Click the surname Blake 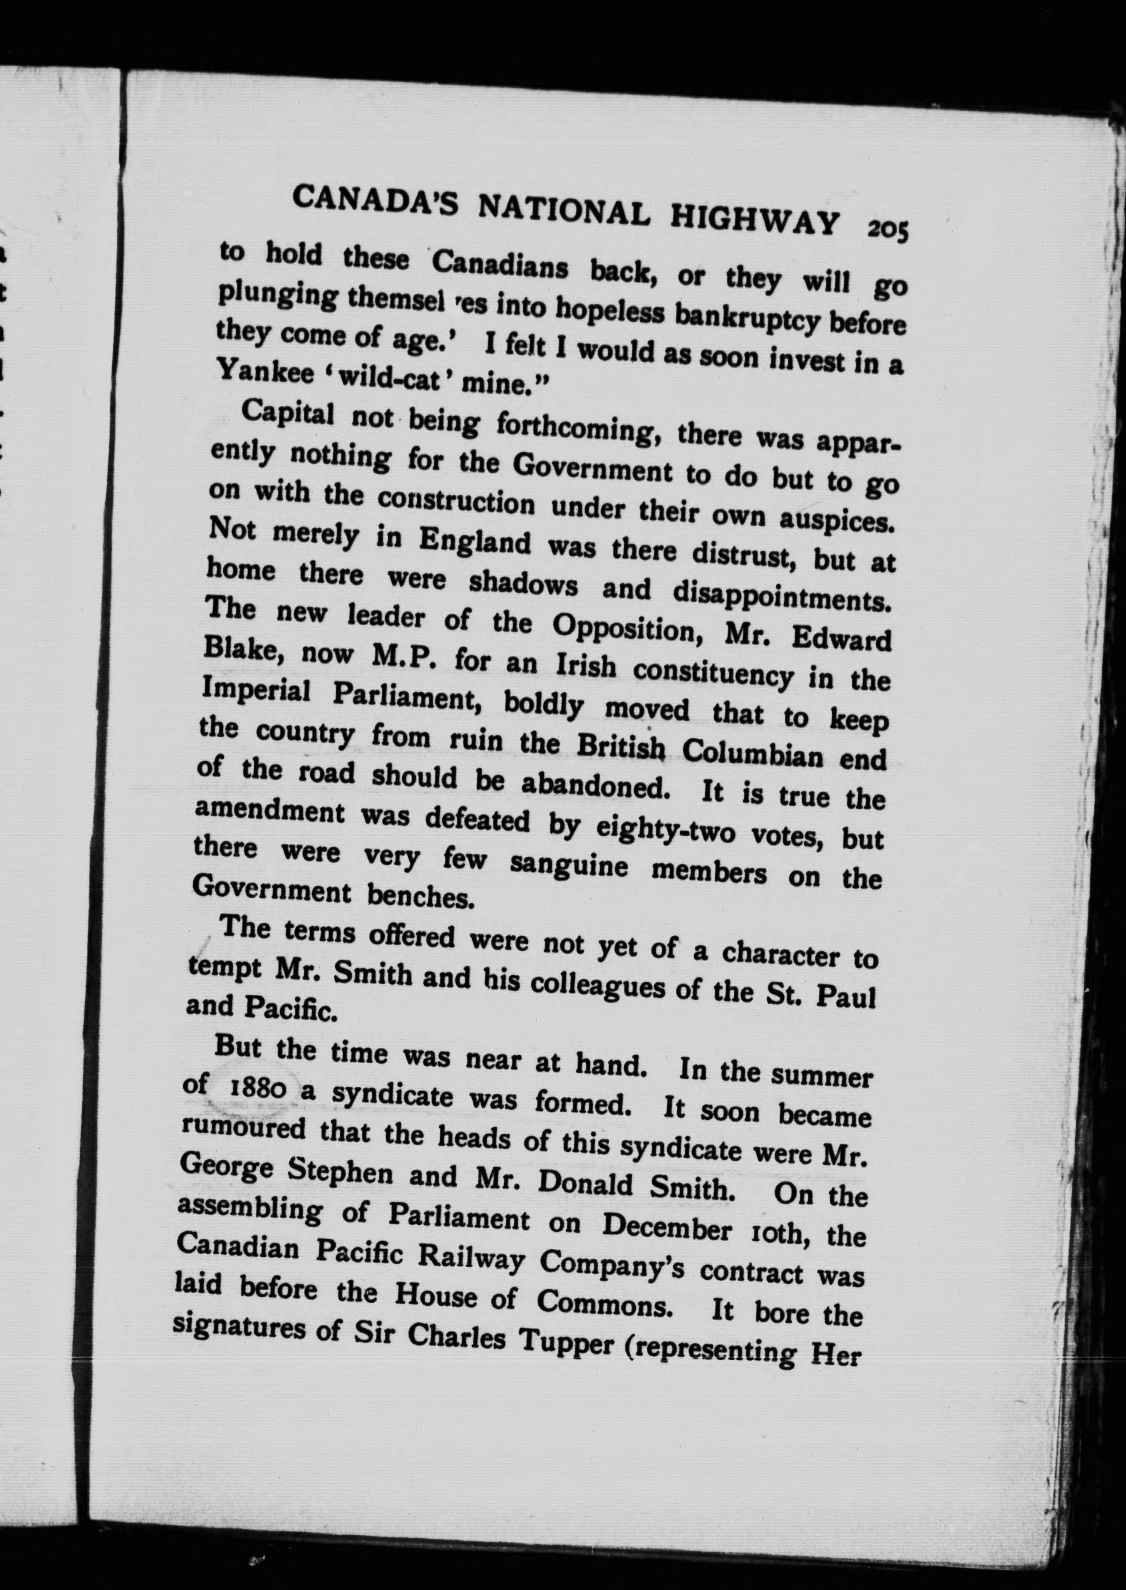pyautogui.click(x=240, y=651)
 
